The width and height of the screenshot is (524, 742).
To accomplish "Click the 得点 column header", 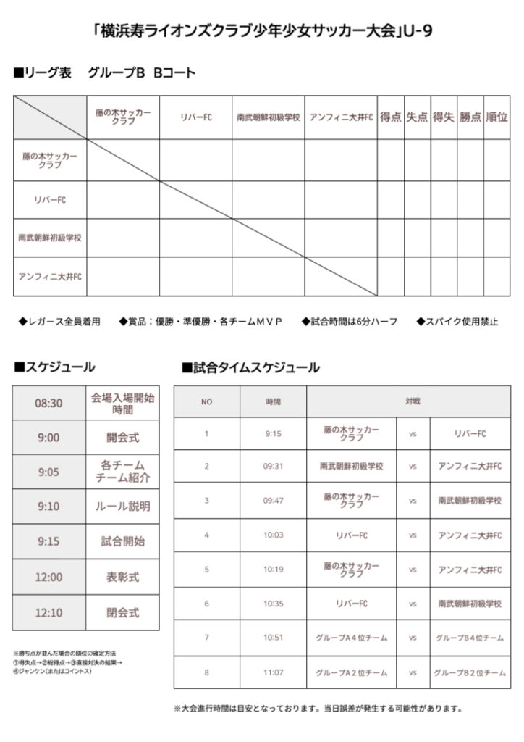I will coord(390,117).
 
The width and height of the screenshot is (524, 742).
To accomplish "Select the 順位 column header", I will coord(496,117).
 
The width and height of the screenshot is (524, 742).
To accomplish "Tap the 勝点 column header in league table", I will coord(470,117).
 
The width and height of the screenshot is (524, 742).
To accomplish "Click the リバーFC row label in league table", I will coord(50,200).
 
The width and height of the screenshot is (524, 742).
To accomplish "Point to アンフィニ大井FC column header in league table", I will coord(340,117).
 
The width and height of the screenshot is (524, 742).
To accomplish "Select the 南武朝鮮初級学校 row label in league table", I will coord(50,238).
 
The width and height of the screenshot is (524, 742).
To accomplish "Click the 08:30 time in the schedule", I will coord(48,403).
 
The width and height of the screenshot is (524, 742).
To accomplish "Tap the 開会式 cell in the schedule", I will coord(122,438).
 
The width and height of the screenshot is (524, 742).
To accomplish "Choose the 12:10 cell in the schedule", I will coord(48,613).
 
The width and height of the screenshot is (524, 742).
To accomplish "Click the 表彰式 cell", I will coord(122,578).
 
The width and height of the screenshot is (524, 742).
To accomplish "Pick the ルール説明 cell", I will coord(122,507).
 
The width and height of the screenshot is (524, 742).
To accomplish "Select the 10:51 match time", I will coord(273,638).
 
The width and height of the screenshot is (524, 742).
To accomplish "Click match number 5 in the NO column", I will coord(206,570).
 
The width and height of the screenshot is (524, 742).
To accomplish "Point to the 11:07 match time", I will coord(273,673).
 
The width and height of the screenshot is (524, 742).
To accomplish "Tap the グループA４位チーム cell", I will coord(351,638).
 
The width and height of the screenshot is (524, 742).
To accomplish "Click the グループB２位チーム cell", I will coord(470,673).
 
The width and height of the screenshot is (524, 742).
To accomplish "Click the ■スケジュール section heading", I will coord(54,367).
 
